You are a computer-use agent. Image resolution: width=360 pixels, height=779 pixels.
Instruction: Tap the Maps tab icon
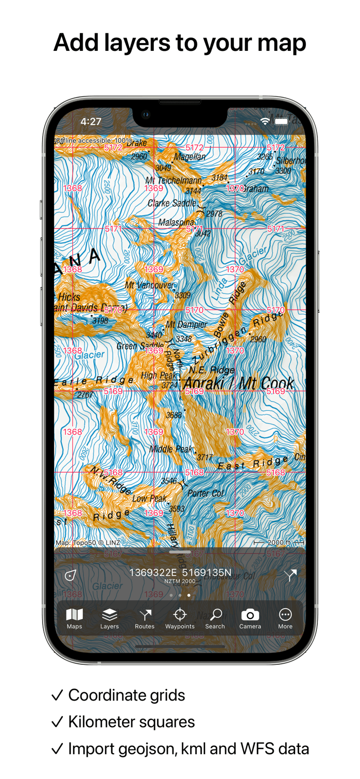click(x=74, y=618)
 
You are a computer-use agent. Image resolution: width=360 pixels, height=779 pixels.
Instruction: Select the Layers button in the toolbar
click(x=110, y=618)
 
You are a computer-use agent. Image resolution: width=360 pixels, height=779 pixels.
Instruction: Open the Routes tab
click(x=145, y=618)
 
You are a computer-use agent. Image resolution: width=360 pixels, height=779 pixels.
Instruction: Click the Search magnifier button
click(x=215, y=618)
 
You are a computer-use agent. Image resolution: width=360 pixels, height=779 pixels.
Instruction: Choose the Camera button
click(x=250, y=618)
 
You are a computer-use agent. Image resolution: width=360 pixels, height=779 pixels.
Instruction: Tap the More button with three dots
click(x=285, y=618)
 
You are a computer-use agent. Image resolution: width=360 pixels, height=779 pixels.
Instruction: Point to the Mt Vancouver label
click(x=150, y=285)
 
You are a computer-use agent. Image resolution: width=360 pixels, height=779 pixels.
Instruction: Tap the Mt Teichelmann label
click(x=173, y=180)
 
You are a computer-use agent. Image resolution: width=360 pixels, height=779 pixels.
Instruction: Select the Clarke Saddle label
click(x=172, y=203)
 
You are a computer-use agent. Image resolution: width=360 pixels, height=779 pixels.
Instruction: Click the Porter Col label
click(x=206, y=493)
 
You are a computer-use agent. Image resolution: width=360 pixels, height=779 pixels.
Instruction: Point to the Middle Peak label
click(x=171, y=449)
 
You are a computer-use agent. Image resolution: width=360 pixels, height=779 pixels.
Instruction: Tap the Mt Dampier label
click(x=186, y=325)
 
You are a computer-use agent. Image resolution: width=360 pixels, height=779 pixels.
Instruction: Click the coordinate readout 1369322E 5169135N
click(x=180, y=573)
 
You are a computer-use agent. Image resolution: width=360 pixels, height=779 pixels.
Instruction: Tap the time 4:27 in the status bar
click(x=91, y=122)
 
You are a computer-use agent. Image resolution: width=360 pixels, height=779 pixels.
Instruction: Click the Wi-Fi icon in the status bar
click(x=265, y=122)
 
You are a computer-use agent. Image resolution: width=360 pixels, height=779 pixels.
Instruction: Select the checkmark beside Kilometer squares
click(x=57, y=722)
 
